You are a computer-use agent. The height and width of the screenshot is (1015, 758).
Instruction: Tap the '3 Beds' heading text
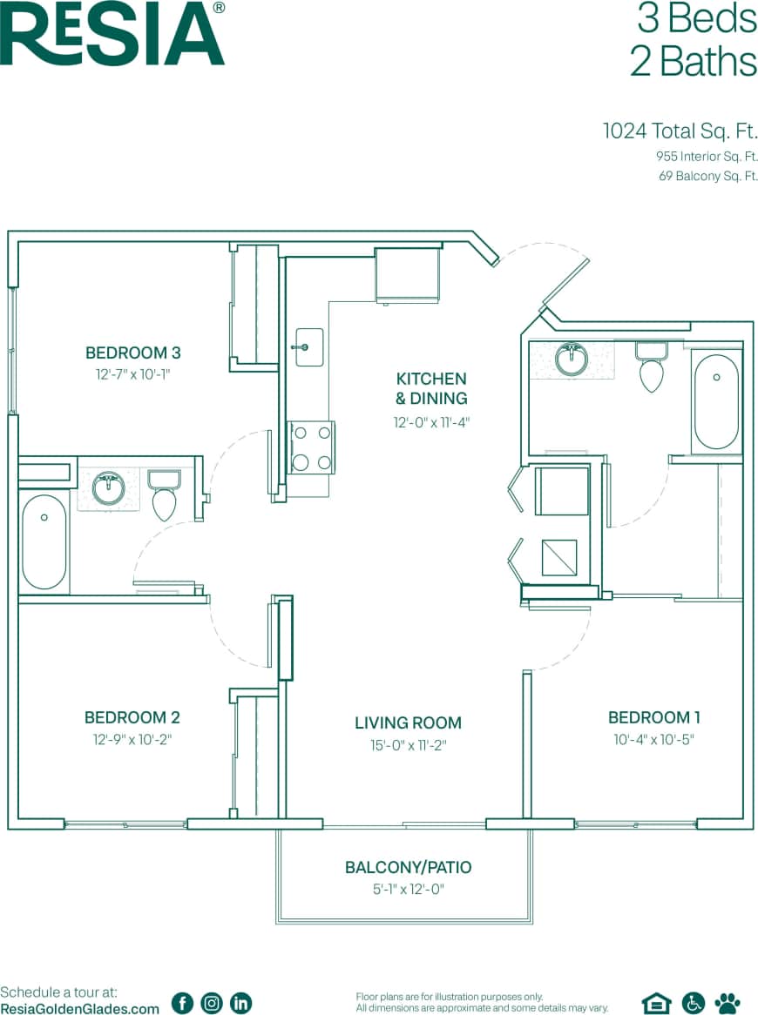tap(696, 18)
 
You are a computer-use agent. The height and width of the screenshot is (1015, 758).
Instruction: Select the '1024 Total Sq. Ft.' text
tap(680, 131)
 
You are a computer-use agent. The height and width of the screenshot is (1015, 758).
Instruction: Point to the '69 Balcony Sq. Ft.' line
tap(707, 176)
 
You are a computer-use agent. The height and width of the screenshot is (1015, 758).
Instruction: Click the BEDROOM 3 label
tap(132, 353)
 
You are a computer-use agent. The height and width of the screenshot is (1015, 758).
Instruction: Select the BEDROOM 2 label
tap(132, 717)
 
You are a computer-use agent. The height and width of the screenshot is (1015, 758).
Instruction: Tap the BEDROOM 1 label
tap(653, 717)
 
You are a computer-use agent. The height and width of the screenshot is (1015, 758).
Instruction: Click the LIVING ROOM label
tap(408, 723)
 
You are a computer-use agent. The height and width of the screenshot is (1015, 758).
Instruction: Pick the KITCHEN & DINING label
tap(431, 388)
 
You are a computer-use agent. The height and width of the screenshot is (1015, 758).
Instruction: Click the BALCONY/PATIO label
tap(408, 867)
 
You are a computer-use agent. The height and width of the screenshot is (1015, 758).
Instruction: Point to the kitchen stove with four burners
tap(312, 447)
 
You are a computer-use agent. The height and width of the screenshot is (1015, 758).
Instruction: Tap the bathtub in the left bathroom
tap(44, 542)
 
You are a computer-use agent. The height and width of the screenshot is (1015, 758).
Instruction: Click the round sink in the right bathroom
tap(572, 359)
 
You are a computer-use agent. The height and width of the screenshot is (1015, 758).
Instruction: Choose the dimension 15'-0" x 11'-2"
tap(408, 745)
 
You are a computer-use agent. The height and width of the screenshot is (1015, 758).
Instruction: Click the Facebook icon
tap(182, 1003)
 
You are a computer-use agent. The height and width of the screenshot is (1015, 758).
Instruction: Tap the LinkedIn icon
tap(240, 1003)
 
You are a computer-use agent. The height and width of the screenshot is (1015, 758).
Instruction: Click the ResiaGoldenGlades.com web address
tap(80, 1008)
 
